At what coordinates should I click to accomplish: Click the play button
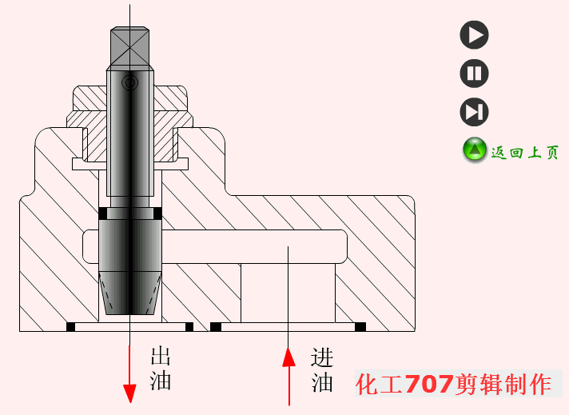coord(474,35)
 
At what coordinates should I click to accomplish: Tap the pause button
coord(474,74)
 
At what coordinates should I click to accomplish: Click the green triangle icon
coord(475,150)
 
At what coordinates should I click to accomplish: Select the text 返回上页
coord(524,152)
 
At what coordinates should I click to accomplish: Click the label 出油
coord(161,368)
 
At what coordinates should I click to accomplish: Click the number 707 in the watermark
coord(429,385)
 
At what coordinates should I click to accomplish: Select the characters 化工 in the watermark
coord(380,385)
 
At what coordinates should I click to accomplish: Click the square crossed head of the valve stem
coord(129,48)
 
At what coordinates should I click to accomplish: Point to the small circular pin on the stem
coord(129,82)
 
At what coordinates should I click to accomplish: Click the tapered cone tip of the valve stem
coord(129,292)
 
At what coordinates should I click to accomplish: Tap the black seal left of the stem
coord(102,213)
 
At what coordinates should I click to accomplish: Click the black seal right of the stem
coord(157,213)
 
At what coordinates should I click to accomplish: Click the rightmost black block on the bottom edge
coord(360,326)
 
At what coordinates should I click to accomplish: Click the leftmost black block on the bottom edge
coord(70,326)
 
